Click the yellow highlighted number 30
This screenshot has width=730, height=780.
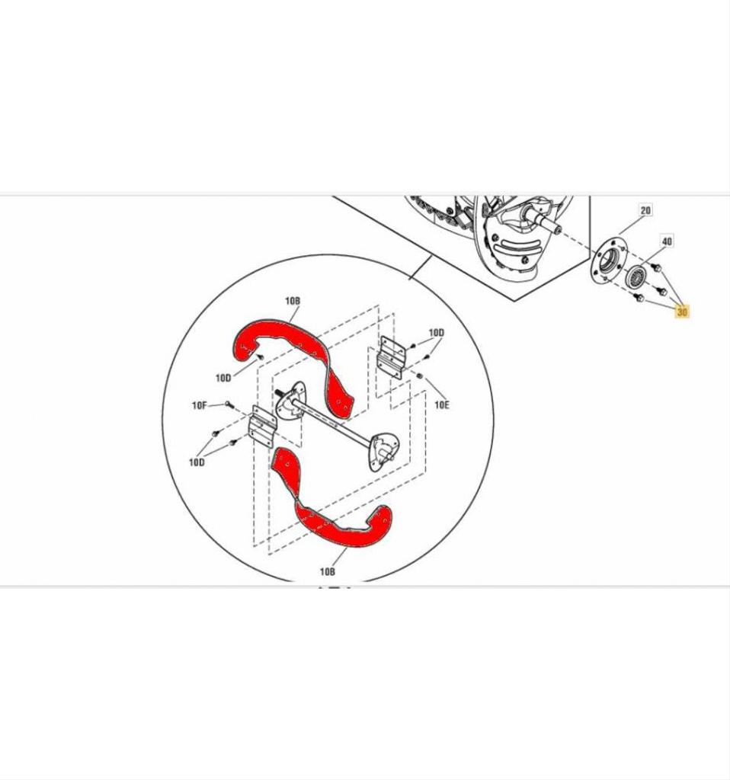682,312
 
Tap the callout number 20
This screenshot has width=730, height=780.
645,210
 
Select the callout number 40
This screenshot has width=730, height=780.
667,241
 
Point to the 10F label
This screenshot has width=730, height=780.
199,405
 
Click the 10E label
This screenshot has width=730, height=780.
442,405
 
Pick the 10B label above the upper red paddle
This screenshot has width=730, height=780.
293,301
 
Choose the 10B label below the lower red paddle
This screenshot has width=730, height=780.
327,571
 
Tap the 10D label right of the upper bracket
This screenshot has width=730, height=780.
437,332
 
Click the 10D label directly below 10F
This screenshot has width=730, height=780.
197,462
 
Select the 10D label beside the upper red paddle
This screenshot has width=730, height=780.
223,378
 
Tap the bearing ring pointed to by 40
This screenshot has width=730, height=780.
636,276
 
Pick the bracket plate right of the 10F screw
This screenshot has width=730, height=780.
261,427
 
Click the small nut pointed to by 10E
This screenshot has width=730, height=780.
420,376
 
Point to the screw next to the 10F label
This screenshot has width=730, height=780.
229,404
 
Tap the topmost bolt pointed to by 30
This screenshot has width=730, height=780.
656,267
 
